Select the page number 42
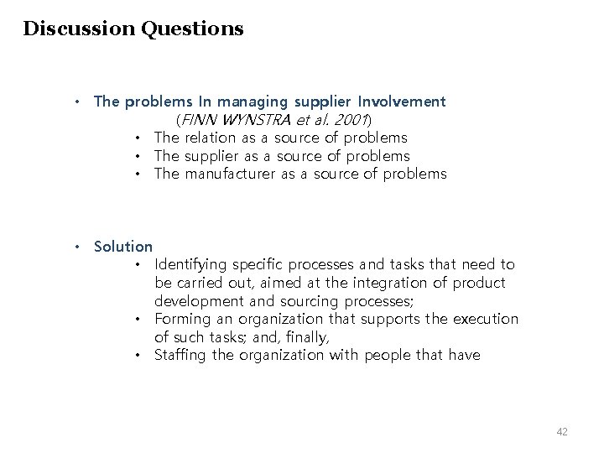tap(562, 431)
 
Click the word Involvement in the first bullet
tap(399, 102)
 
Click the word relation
tap(214, 138)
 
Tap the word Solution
tap(123, 247)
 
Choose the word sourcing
tap(321, 301)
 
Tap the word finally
tap(310, 337)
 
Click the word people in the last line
tap(393, 356)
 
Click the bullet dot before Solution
tap(75, 247)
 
